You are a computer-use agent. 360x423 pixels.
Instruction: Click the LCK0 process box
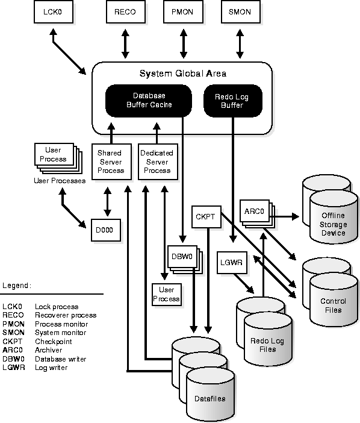[54, 12]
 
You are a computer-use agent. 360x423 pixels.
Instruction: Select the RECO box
[126, 12]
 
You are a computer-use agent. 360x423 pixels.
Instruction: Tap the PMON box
[183, 12]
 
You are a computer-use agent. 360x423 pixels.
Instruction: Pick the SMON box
[241, 12]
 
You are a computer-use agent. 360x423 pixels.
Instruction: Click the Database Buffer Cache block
[149, 101]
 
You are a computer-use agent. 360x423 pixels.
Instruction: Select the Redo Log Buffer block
[233, 101]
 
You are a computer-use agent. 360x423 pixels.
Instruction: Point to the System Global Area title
[182, 74]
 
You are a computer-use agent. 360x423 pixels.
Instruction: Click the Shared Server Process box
[111, 161]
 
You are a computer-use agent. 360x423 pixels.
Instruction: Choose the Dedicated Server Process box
[158, 161]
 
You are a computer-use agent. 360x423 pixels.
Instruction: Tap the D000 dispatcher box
[105, 230]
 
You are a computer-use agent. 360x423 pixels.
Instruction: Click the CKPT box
[206, 217]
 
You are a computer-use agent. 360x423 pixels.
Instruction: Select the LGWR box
[232, 263]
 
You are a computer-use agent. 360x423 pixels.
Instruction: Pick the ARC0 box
[255, 211]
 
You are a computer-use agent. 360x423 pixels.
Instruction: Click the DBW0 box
[182, 256]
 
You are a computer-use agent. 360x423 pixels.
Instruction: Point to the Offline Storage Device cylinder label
[333, 224]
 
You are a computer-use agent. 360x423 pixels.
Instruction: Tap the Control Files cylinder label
[333, 305]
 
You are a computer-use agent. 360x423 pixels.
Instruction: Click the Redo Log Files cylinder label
[267, 345]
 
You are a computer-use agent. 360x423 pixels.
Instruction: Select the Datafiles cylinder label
[210, 398]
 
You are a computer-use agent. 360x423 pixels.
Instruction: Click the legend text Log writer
[51, 368]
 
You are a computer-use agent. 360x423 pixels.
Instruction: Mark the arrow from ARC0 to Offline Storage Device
[284, 216]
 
